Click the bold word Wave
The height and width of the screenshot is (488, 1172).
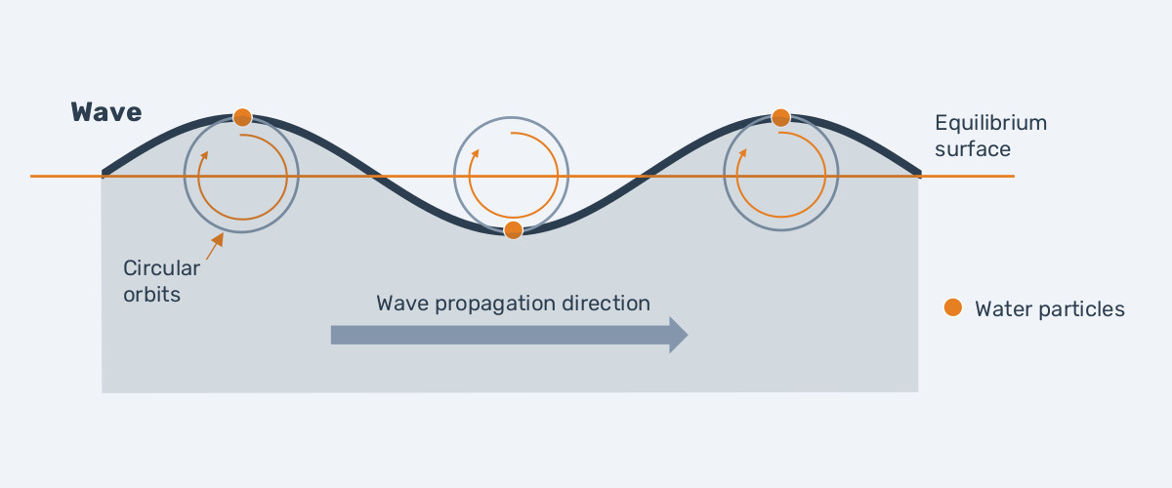(106, 112)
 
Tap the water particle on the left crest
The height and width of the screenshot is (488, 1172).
(242, 118)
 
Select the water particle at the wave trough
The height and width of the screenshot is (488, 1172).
(513, 230)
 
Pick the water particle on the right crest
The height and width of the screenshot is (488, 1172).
(781, 118)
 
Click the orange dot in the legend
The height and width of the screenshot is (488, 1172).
(953, 308)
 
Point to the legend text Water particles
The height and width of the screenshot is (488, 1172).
(1050, 309)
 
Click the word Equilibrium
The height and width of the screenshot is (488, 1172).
(990, 124)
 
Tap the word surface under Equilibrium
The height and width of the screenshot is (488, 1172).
(972, 149)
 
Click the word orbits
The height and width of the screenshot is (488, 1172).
(152, 293)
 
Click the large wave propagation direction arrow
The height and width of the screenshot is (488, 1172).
(509, 335)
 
